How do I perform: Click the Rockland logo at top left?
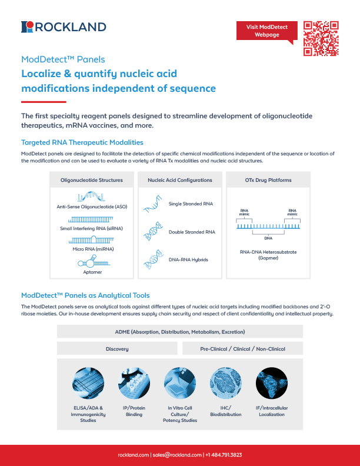point(64,26)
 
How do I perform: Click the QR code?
point(321,38)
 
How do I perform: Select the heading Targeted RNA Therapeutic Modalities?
point(82,142)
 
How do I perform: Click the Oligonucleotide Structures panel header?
point(92,179)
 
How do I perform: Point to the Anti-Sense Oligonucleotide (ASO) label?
point(92,207)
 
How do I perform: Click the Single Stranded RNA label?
point(191,204)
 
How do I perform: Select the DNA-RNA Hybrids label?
point(188,259)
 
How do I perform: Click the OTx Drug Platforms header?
point(268,179)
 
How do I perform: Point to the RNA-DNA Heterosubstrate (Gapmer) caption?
point(268,255)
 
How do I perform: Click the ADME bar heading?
point(180,332)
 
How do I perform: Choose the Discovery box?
point(117,349)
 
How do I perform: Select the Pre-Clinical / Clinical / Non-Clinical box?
point(243,349)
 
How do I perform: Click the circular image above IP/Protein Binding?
point(134,384)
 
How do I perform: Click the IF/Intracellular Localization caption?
point(271,411)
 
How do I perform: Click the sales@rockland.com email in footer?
point(176,455)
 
